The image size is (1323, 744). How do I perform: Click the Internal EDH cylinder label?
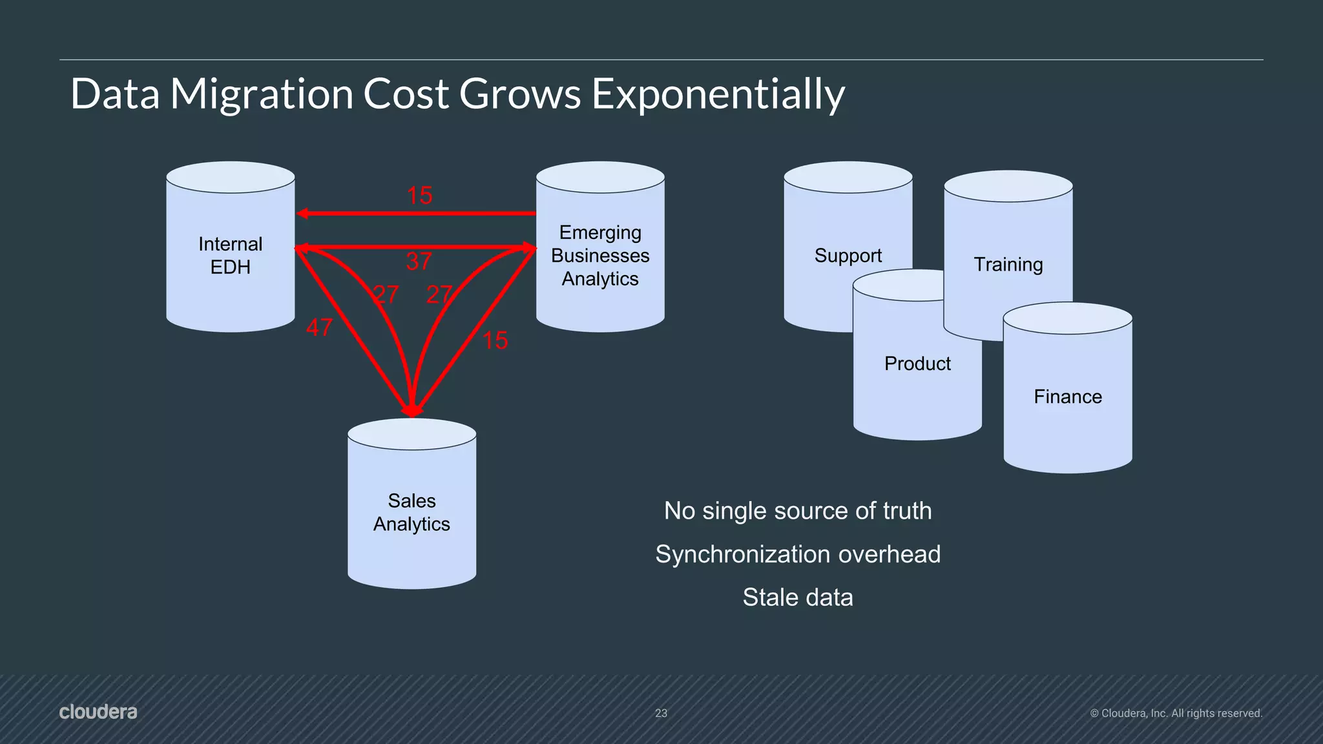pos(230,255)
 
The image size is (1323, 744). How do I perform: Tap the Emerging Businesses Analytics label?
pos(600,256)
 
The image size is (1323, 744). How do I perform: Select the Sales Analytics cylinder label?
pos(411,512)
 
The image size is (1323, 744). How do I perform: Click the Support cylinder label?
pos(848,256)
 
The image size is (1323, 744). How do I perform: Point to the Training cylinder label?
pos(1008,265)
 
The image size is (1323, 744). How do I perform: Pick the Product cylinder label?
pos(917,364)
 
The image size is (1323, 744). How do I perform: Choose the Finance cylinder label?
pos(1067,397)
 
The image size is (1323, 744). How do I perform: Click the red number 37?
pos(419,262)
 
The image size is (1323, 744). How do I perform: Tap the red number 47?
pos(319,327)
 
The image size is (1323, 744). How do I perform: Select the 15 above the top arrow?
pos(419,196)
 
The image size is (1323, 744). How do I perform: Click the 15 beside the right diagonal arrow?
pos(495,341)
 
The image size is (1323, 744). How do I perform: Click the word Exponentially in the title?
pos(718,94)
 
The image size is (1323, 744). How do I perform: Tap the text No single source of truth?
pos(798,511)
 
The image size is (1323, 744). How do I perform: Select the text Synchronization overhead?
pos(798,554)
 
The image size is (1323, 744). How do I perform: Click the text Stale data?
pos(798,597)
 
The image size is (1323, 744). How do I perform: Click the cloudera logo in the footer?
pos(98,712)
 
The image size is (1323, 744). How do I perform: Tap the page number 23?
pos(661,713)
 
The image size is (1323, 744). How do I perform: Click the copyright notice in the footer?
pos(1176,713)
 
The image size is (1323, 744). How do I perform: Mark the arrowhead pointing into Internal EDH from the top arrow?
pos(302,214)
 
